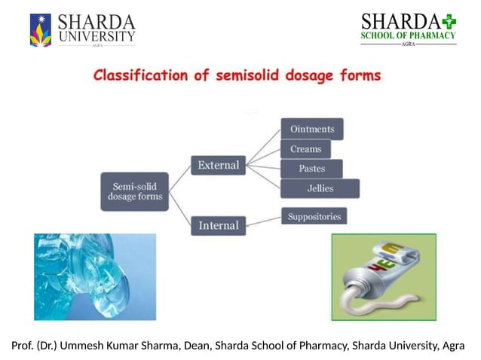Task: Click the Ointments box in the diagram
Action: point(312,129)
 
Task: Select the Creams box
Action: point(305,149)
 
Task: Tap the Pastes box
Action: point(311,169)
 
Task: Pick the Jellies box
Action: point(320,188)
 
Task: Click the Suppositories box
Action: point(314,217)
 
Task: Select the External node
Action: point(218,164)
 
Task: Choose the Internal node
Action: point(218,225)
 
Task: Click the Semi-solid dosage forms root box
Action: point(134,191)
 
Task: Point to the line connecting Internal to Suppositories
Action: point(263,221)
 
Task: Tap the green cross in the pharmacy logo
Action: point(450,20)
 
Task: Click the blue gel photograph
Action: point(94,276)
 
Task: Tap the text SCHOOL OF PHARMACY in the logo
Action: point(408,35)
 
